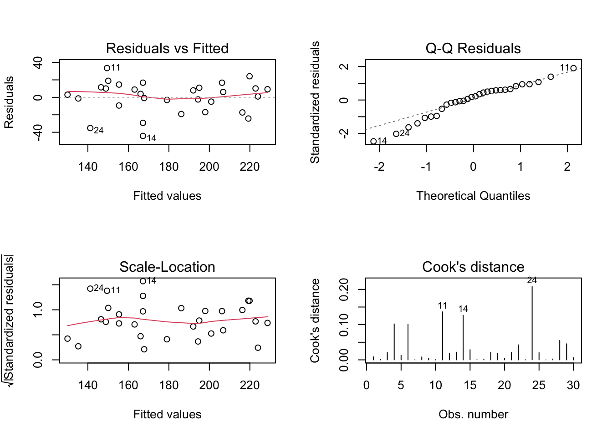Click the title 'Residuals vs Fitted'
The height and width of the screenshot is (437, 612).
[x=167, y=48]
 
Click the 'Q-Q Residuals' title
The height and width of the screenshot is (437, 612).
[x=473, y=48]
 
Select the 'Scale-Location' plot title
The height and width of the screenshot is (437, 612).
[x=167, y=267]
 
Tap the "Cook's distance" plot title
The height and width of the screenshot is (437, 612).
[x=473, y=267]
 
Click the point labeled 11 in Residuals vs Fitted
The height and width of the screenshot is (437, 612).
[x=107, y=68]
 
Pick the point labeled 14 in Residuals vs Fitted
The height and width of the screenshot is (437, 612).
[x=143, y=136]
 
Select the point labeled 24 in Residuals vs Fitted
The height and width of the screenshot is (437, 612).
[x=90, y=128]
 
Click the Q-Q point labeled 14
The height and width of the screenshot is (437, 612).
[x=374, y=142]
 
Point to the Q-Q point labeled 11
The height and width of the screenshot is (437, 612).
[x=573, y=68]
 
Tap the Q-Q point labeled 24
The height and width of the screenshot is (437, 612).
[x=396, y=134]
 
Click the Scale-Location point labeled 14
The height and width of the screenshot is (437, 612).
[x=143, y=281]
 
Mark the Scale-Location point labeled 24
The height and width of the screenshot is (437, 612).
[x=90, y=289]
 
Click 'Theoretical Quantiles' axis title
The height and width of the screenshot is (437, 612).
[x=473, y=196]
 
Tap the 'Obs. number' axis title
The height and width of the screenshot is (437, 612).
[x=473, y=414]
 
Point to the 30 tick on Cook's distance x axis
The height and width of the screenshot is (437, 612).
[x=573, y=386]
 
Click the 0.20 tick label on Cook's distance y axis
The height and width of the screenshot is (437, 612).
[x=344, y=290]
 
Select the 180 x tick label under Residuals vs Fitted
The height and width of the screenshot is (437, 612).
[x=169, y=167]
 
